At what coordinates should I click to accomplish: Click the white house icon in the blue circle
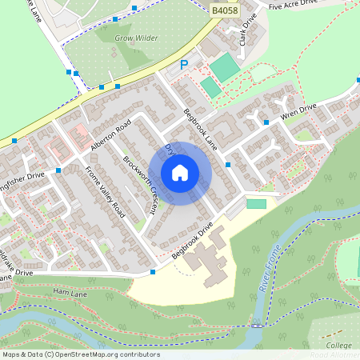coord(180,172)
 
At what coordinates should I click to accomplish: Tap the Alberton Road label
coord(110,138)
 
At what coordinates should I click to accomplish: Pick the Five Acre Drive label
coord(294,6)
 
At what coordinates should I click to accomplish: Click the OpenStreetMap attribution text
coord(80,354)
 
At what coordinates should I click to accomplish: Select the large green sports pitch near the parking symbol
coord(225,67)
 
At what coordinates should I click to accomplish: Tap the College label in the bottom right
coord(338,345)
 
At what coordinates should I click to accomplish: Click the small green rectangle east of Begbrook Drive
coord(256,204)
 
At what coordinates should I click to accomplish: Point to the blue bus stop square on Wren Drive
coord(266,122)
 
